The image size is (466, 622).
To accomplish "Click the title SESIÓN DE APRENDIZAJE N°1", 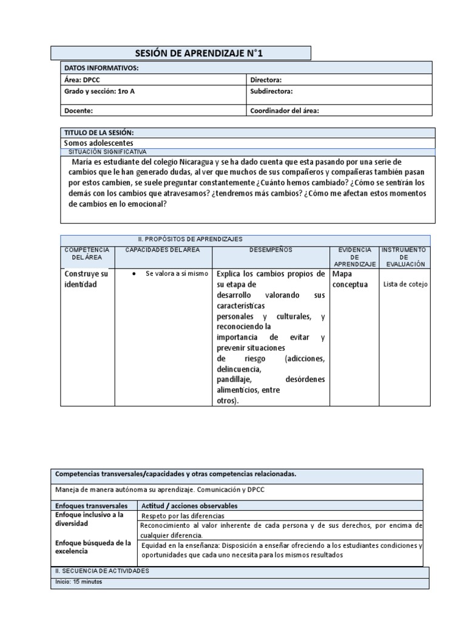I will tap(180, 53).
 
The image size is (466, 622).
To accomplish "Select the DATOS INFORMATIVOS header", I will tap(101, 67).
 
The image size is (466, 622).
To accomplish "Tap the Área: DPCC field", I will tap(84, 80).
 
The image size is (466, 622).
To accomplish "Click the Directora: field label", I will tap(266, 80).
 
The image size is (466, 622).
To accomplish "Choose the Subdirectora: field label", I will tap(271, 91).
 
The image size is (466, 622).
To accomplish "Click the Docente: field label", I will tap(79, 111).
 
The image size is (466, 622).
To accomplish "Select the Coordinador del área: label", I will tap(284, 111).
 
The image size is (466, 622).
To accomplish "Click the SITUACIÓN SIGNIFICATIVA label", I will tap(107, 151).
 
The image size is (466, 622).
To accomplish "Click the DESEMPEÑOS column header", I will tap(271, 250).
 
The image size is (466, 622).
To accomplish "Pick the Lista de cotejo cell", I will tap(405, 284).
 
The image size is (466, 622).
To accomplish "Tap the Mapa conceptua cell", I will tap(351, 279).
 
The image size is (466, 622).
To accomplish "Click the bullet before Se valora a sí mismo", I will tap(133, 274).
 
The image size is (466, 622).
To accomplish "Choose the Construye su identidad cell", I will tap(86, 279).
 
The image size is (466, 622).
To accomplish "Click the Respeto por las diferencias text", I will tap(183, 516).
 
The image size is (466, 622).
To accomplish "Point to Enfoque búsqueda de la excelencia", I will tap(93, 547).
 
